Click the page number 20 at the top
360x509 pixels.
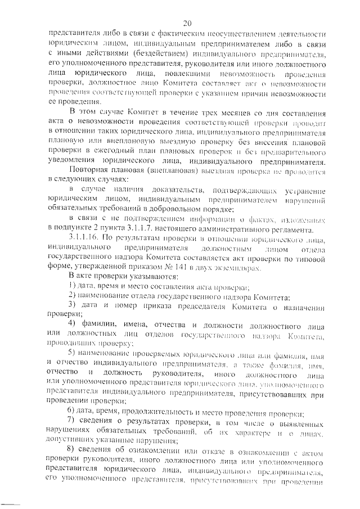tap(187, 23)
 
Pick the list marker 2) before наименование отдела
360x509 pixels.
tap(72, 296)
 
